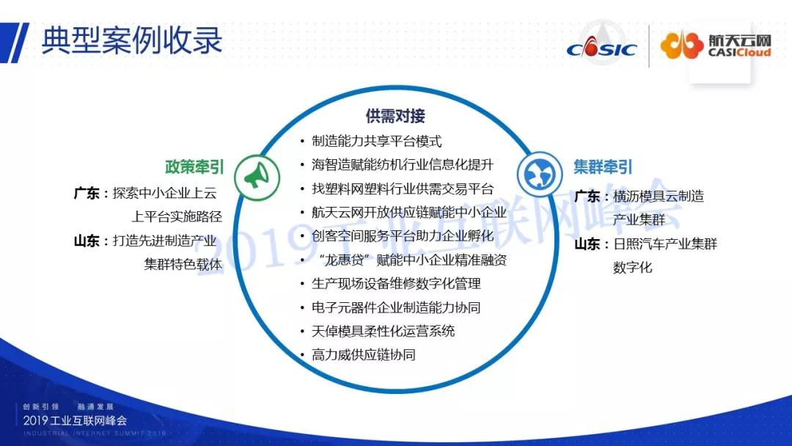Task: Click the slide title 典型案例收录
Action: [131, 40]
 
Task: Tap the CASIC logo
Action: [601, 46]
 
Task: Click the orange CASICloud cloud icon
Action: [682, 45]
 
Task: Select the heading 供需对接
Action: [395, 116]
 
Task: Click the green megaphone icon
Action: [257, 178]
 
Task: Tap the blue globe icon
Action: [540, 174]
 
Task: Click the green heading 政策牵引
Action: [194, 167]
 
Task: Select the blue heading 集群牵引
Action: [603, 167]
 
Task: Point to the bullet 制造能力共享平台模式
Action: [377, 141]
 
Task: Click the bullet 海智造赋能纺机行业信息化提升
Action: [403, 164]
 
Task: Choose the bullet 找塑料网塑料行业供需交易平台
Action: [403, 189]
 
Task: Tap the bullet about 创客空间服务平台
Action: [403, 236]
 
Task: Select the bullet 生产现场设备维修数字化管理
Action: [396, 284]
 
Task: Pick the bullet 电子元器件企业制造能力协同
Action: [396, 307]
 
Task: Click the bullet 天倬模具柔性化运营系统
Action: [384, 332]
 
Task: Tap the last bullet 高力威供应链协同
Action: [364, 355]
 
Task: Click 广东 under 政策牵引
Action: [87, 194]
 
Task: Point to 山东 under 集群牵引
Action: [587, 244]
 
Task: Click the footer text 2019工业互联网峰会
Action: [75, 420]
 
